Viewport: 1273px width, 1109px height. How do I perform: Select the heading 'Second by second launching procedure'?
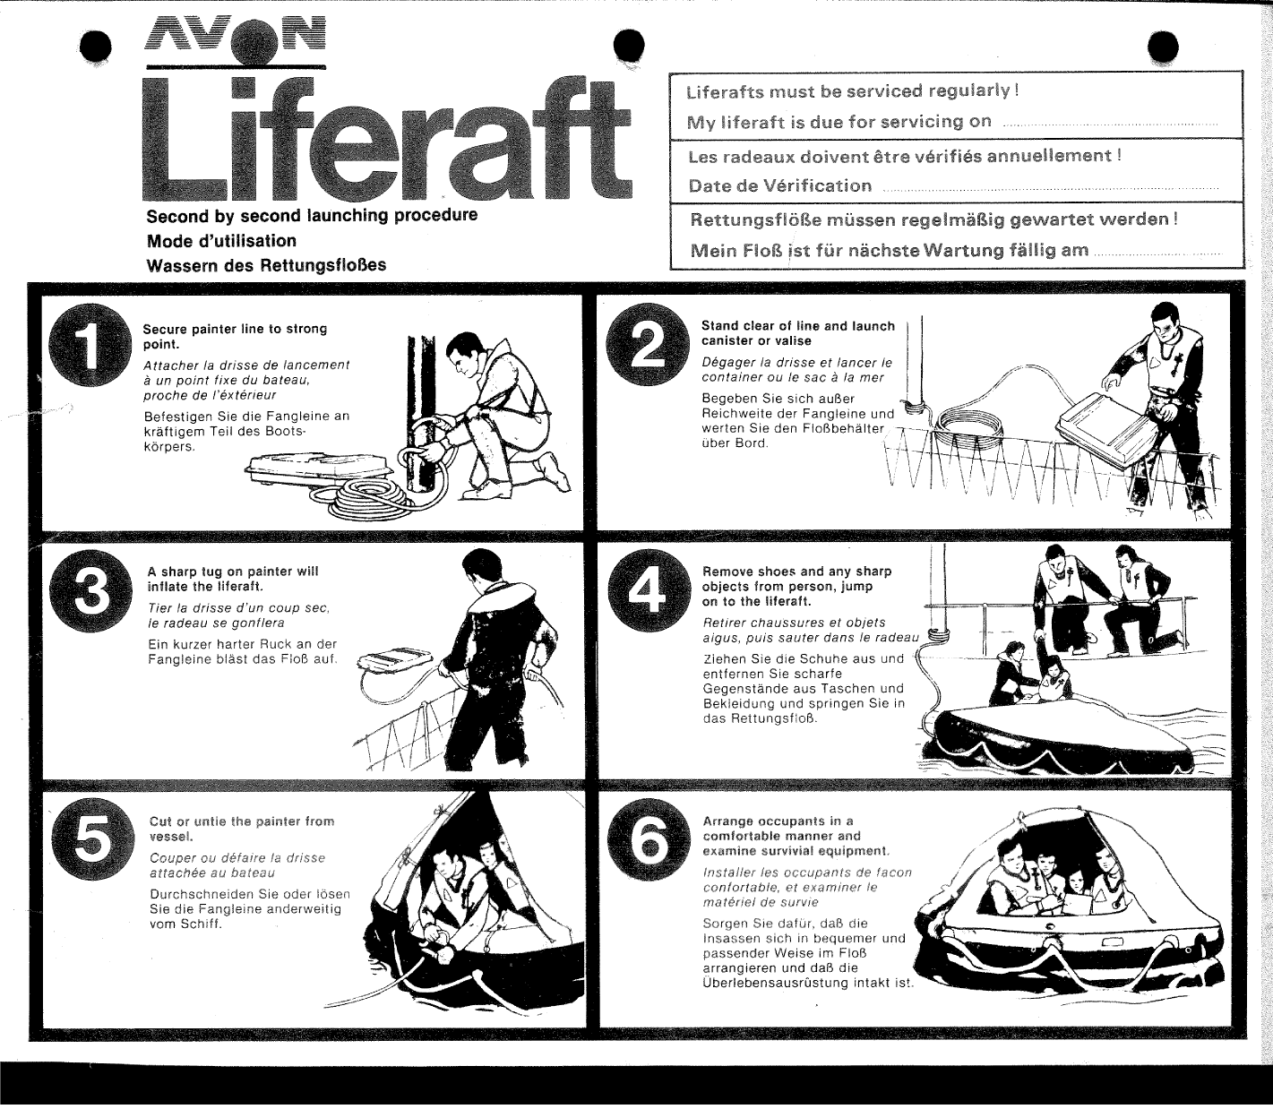312,216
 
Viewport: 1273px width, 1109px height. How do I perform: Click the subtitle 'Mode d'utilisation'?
221,241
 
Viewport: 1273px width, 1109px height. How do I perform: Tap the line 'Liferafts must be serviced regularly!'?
851,91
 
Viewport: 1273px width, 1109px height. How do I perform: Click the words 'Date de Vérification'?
779,186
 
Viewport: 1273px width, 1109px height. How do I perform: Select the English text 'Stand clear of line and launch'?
797,327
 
